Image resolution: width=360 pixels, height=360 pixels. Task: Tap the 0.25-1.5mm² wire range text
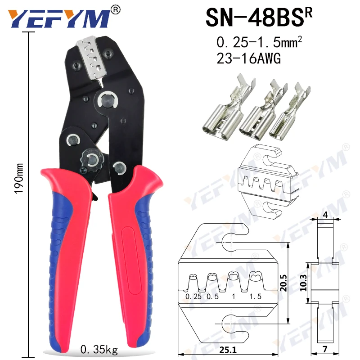[x=259, y=43]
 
